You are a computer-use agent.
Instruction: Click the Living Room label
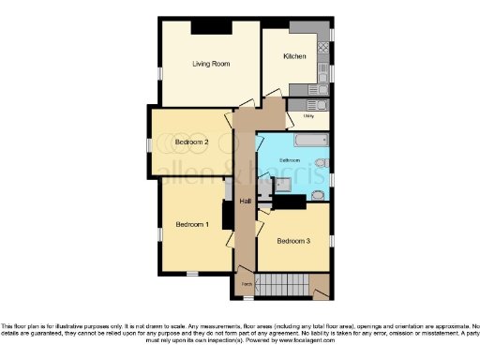point(212,65)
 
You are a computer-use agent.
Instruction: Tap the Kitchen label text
point(294,57)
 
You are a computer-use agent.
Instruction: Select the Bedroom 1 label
point(193,225)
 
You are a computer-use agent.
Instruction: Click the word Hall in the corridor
point(246,202)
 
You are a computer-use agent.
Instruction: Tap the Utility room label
point(308,116)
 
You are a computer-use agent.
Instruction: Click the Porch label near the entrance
point(246,282)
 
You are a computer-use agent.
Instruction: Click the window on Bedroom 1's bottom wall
point(191,274)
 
